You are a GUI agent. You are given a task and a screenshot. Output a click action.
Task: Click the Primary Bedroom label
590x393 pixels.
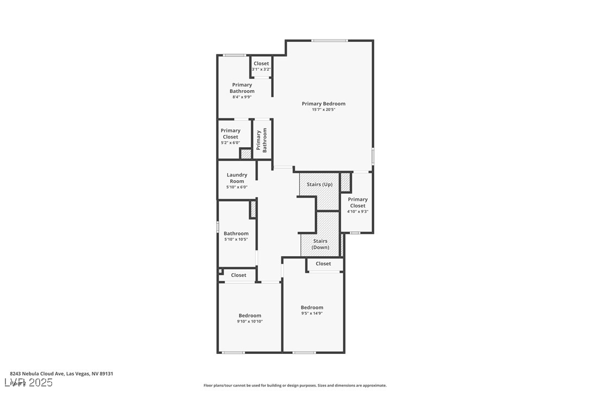pyautogui.click(x=323, y=104)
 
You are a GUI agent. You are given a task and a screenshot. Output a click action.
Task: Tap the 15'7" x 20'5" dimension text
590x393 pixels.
pyautogui.click(x=323, y=110)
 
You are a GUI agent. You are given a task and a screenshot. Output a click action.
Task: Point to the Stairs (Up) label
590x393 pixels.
pyautogui.click(x=319, y=185)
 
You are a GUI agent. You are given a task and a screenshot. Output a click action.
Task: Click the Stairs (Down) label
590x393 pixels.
pyautogui.click(x=320, y=244)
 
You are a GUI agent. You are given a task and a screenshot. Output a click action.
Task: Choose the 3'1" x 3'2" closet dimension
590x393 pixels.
pyautogui.click(x=261, y=69)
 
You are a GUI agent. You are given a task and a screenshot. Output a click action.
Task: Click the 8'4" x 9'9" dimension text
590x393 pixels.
pyautogui.click(x=242, y=97)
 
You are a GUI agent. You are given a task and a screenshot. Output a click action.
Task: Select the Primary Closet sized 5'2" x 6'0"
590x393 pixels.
pyautogui.click(x=230, y=134)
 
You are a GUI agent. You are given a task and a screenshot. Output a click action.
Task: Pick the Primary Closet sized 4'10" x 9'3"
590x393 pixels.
pyautogui.click(x=357, y=202)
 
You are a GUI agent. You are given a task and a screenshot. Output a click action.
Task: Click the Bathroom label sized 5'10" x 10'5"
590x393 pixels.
pyautogui.click(x=236, y=233)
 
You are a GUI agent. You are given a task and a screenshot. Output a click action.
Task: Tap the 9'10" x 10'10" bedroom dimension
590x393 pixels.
pyautogui.click(x=249, y=321)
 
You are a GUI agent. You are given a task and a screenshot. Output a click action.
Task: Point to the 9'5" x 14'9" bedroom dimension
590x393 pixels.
pyautogui.click(x=312, y=313)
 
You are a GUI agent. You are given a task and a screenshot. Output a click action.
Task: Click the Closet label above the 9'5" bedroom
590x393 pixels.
pyautogui.click(x=323, y=264)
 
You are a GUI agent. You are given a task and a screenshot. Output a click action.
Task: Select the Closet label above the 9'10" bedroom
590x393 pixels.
pyautogui.click(x=238, y=275)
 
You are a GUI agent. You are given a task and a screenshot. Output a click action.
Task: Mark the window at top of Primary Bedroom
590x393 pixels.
pyautogui.click(x=329, y=41)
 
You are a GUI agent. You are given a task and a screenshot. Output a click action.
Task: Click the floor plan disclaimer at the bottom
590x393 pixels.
pyautogui.click(x=295, y=385)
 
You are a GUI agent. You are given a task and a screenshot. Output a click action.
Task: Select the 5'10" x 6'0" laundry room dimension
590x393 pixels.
pyautogui.click(x=237, y=187)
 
